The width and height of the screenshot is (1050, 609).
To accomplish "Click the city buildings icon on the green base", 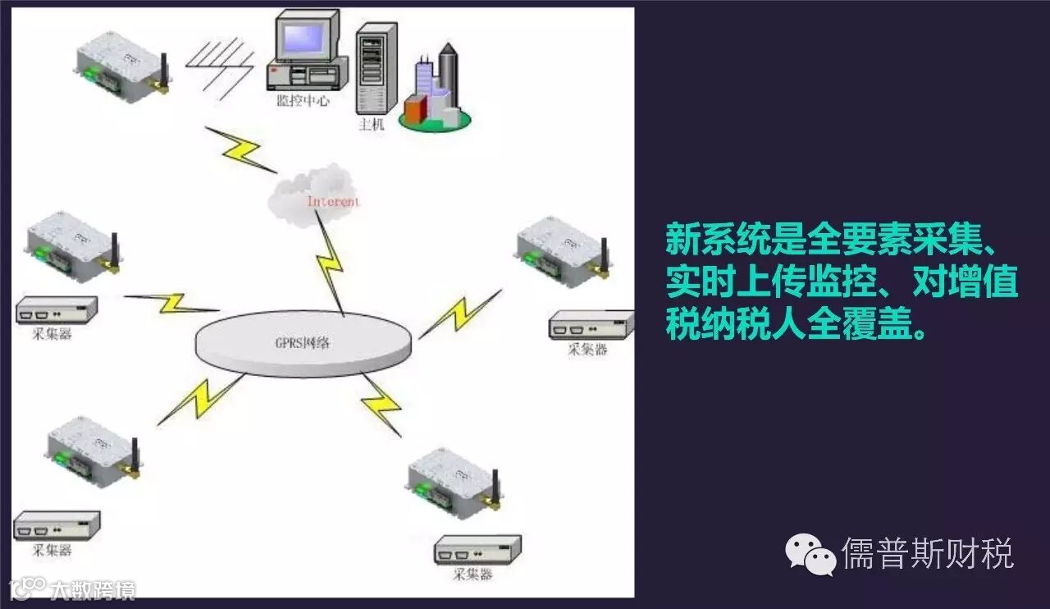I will (436, 90).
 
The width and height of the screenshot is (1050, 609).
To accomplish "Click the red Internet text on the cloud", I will (333, 201).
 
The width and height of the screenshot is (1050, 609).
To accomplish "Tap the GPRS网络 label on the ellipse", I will (304, 343).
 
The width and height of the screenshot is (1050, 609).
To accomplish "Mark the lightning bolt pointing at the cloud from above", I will (238, 148).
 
